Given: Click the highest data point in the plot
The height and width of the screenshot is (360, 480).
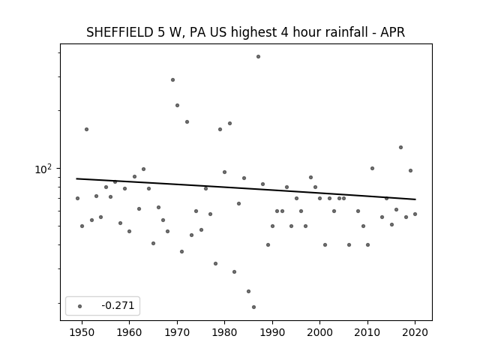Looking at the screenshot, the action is pos(258,57).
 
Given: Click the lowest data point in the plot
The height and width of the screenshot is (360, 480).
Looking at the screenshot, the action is pos(253,307).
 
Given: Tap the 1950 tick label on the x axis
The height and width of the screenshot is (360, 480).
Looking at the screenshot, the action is pos(82,332).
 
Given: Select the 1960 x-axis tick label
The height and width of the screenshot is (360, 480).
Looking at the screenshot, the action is pos(129,332).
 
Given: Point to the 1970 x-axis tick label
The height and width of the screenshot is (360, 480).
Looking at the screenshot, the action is pos(177,332).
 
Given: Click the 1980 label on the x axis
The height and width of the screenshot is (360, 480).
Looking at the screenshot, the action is pos(224,332).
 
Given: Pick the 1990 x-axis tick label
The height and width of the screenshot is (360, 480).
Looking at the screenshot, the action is pos(272,332).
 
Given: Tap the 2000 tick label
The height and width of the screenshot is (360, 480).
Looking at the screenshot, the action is pos(320,332).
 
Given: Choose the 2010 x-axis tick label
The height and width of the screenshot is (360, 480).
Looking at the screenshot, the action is pos(367,332).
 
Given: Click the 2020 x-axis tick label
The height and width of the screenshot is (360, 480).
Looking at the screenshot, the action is pos(415,332).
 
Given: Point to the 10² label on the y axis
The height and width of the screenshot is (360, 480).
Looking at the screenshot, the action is pos(43,169).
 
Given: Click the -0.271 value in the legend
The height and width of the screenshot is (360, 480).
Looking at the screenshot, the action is pos(118,305).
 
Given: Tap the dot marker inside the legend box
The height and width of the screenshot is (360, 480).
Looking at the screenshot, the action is pos(80,306).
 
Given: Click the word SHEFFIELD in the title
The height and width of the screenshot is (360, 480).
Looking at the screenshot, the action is pos(120,32).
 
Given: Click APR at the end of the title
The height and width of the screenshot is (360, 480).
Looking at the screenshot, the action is pos(393,32).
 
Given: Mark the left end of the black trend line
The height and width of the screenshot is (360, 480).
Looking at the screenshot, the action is pos(76,178).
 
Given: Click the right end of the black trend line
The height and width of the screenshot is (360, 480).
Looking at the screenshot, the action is pos(415,199).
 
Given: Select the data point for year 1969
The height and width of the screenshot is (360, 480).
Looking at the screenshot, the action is pos(172,80).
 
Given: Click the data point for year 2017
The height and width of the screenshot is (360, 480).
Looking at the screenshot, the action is pos(400,147).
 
